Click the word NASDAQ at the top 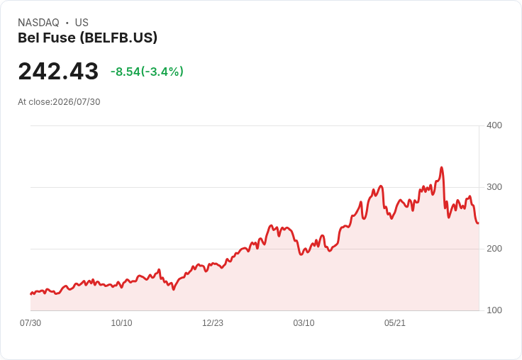38,23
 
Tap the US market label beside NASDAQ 82,23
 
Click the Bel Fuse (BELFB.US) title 87,38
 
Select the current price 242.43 58,71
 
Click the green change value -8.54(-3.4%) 147,72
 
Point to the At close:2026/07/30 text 59,102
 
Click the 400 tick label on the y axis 494,125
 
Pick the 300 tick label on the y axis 494,187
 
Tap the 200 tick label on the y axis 494,249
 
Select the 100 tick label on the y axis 494,310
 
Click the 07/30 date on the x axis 30,323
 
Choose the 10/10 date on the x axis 121,323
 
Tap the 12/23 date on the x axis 213,323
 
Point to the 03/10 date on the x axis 304,323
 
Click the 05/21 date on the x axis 395,323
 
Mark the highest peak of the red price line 441,167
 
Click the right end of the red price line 479,223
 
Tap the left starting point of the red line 30,294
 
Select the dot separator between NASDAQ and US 67,23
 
